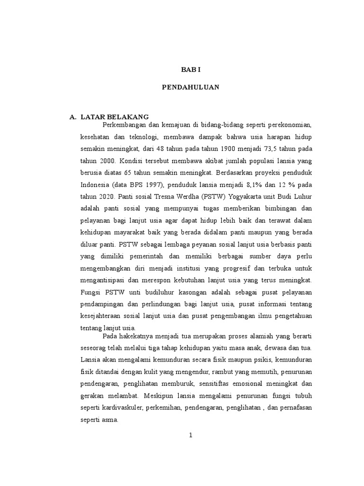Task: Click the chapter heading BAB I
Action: click(191, 69)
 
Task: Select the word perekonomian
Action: click(290, 124)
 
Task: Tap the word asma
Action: click(113, 421)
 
